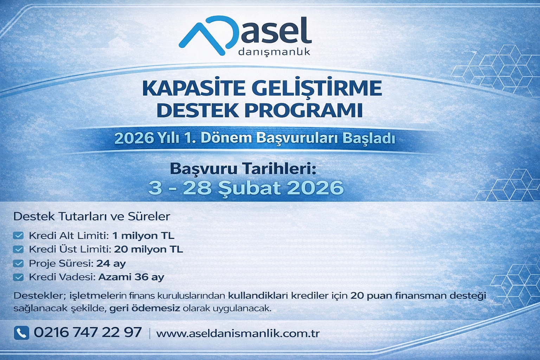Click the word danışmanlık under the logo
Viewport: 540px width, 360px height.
coord(274,52)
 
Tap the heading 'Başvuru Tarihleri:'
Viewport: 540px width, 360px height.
coord(243,169)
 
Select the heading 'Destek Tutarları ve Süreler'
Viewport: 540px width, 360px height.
coord(92,216)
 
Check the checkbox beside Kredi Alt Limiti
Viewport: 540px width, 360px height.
coord(18,236)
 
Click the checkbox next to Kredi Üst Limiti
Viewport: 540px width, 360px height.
coord(18,249)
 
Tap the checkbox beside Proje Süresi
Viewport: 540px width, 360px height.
coord(18,263)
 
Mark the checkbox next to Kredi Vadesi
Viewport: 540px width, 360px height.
coord(18,277)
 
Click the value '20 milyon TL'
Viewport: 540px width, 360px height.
coord(148,249)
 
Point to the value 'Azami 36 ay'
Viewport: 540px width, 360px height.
coord(131,277)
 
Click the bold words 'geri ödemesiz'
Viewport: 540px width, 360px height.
coord(145,309)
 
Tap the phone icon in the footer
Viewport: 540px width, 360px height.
coord(21,333)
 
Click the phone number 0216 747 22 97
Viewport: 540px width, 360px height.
coord(88,333)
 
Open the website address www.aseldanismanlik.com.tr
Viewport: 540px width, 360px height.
coord(238,333)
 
